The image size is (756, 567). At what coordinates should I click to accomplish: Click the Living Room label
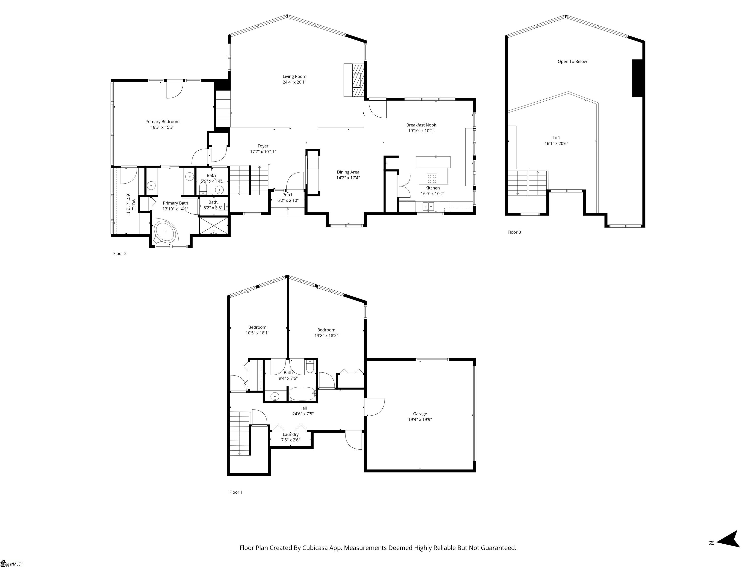[294, 77]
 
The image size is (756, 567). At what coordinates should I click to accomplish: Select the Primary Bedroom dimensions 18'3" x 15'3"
[163, 127]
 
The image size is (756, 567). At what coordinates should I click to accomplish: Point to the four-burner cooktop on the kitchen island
[432, 178]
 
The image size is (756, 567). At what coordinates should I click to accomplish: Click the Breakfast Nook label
[421, 125]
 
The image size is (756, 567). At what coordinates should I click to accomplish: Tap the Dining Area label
[348, 172]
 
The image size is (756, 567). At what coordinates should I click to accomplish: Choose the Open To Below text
[572, 62]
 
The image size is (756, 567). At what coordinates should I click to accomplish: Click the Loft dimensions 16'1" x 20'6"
[556, 143]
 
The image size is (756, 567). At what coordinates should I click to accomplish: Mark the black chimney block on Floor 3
[637, 78]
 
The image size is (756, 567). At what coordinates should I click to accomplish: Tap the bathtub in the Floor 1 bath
[302, 394]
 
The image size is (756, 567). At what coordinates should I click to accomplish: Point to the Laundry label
[290, 434]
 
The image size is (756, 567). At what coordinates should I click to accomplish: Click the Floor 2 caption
[120, 253]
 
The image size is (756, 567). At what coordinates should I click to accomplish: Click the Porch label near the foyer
[288, 195]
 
